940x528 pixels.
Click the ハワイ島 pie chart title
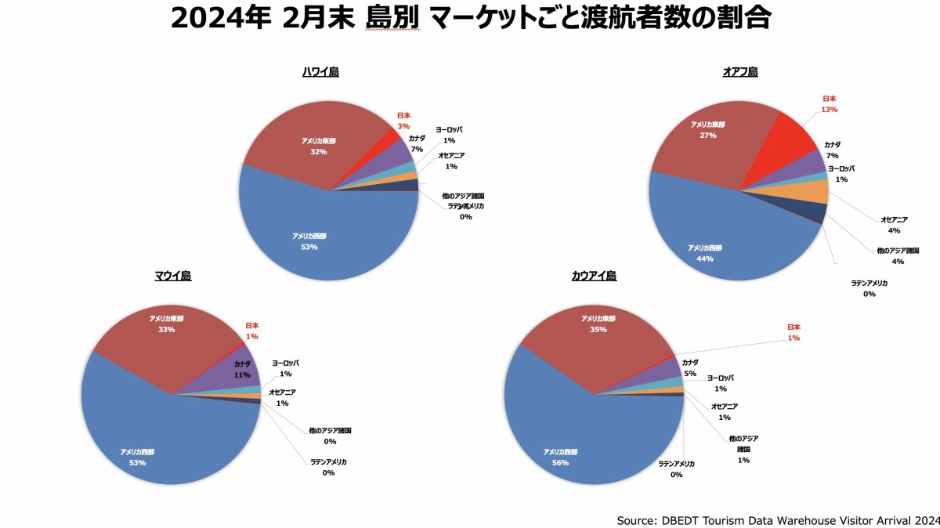(320, 72)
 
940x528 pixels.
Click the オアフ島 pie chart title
(739, 72)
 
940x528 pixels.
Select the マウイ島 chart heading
(172, 276)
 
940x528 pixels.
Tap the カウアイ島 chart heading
(594, 276)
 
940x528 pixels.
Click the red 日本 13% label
(830, 104)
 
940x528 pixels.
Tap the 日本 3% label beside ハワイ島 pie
(403, 121)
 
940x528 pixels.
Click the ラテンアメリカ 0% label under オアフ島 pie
(869, 288)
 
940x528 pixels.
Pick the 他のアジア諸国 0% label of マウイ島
(330, 436)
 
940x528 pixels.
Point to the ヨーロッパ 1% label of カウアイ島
(720, 383)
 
